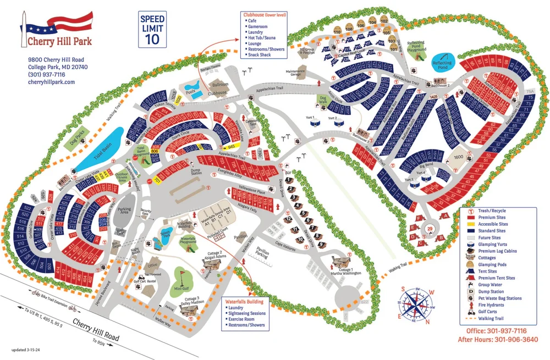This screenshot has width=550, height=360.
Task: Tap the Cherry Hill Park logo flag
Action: pos(61,24)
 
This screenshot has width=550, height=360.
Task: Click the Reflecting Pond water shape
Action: pos(442,62)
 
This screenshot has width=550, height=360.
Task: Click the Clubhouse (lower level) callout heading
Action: pos(262,15)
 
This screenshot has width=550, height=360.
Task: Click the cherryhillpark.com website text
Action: pos(51,82)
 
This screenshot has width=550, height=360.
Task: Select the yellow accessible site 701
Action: pos(156,180)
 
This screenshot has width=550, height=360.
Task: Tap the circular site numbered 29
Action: pos(430,228)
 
